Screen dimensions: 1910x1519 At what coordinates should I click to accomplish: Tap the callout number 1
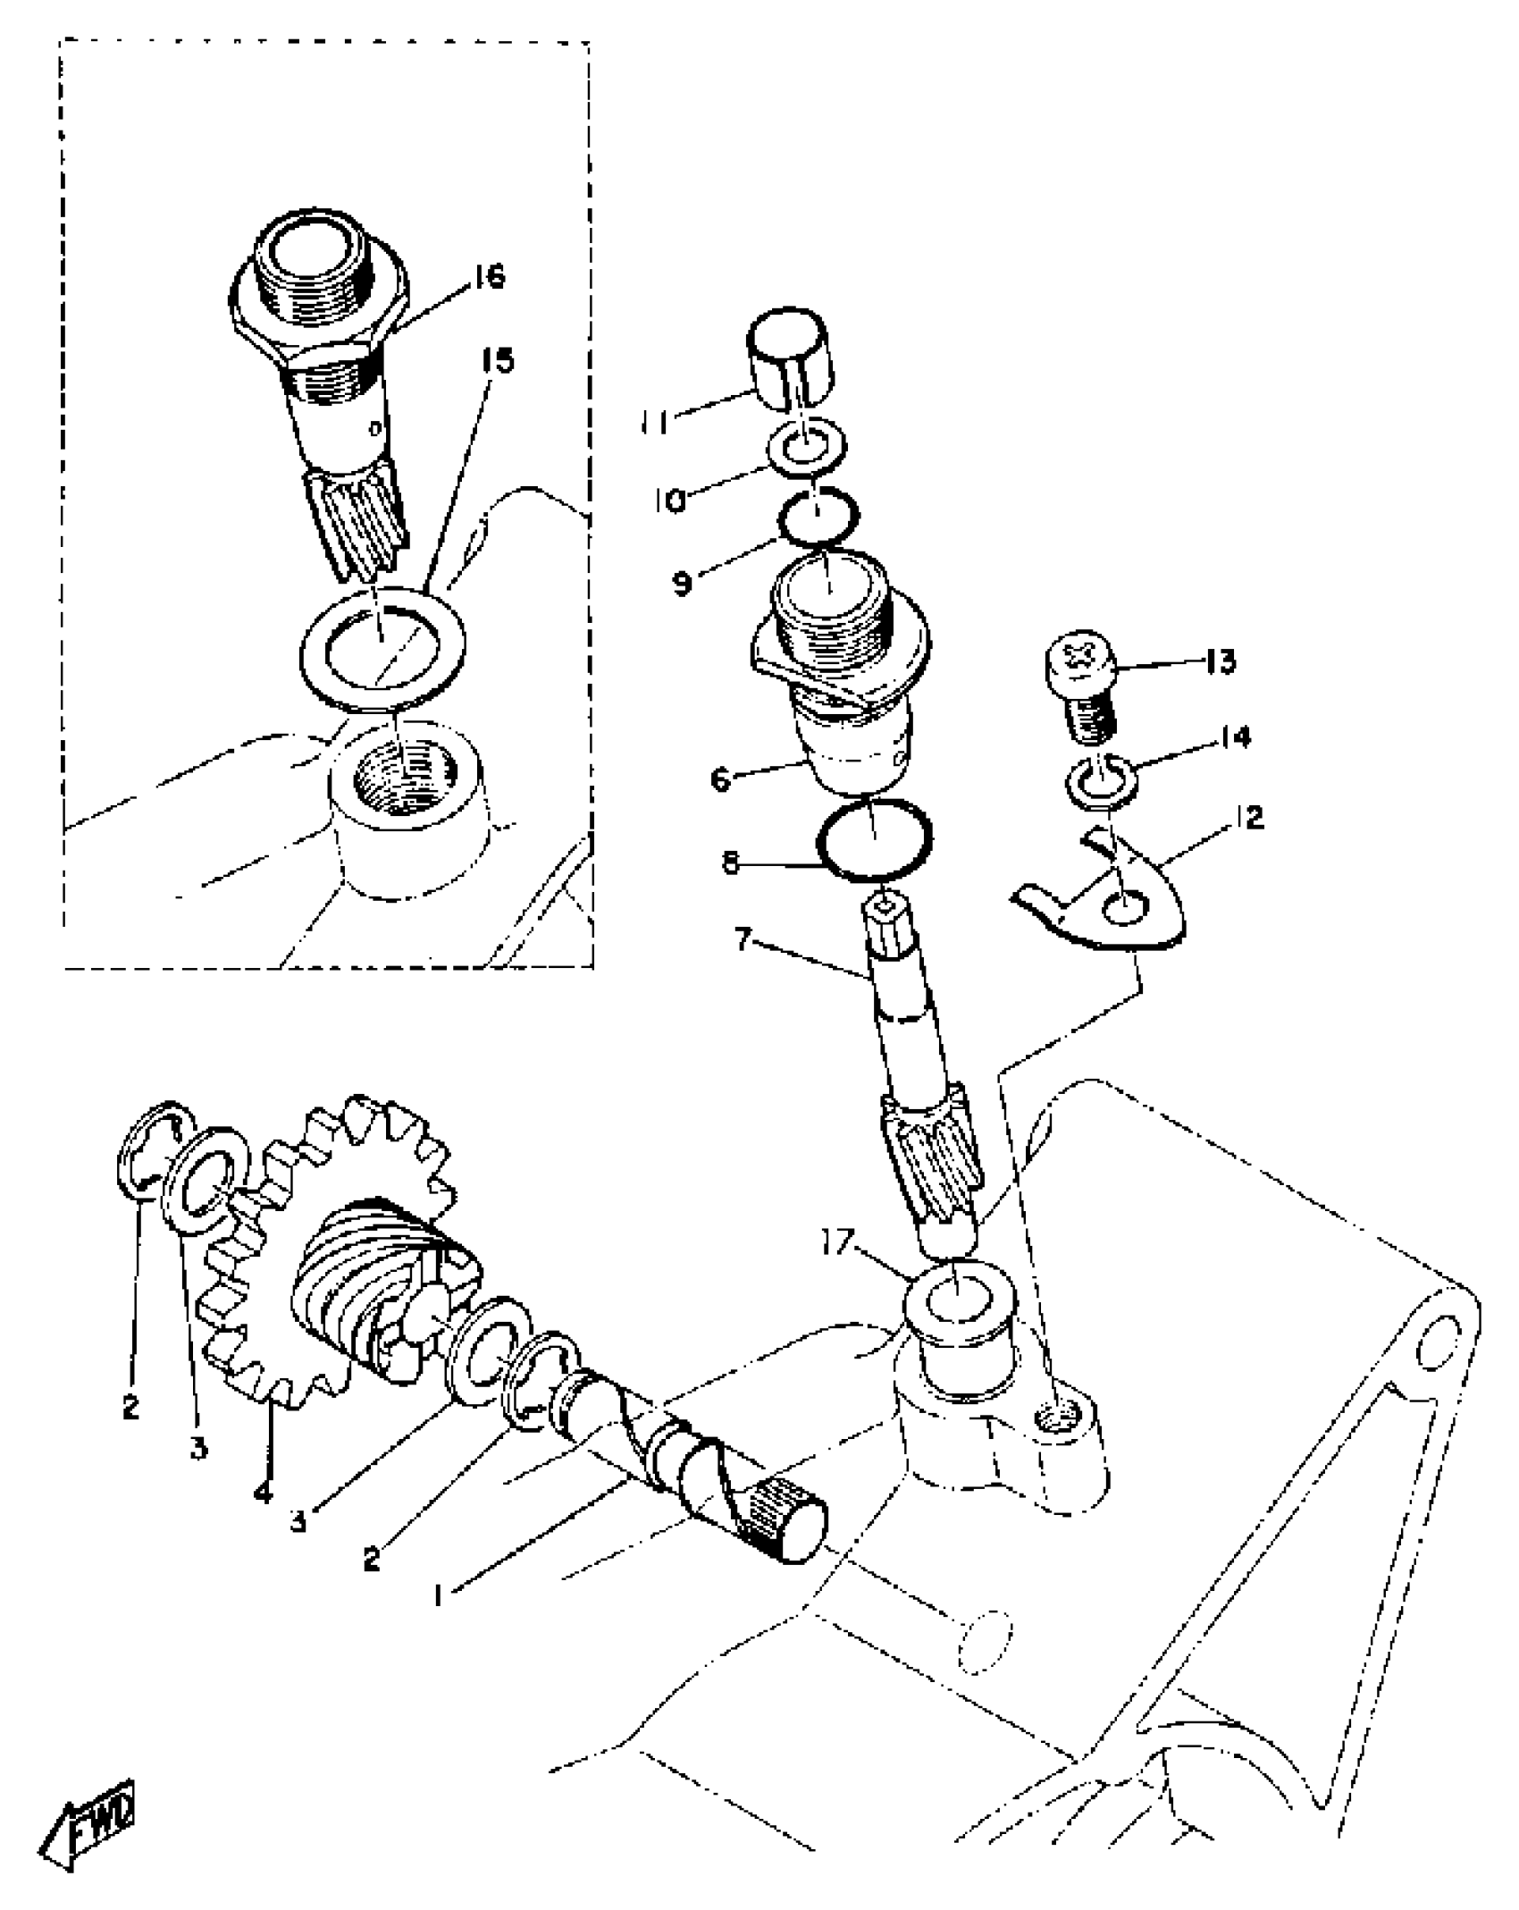tap(439, 1596)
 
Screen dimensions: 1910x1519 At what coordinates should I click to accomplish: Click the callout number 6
tap(720, 778)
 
